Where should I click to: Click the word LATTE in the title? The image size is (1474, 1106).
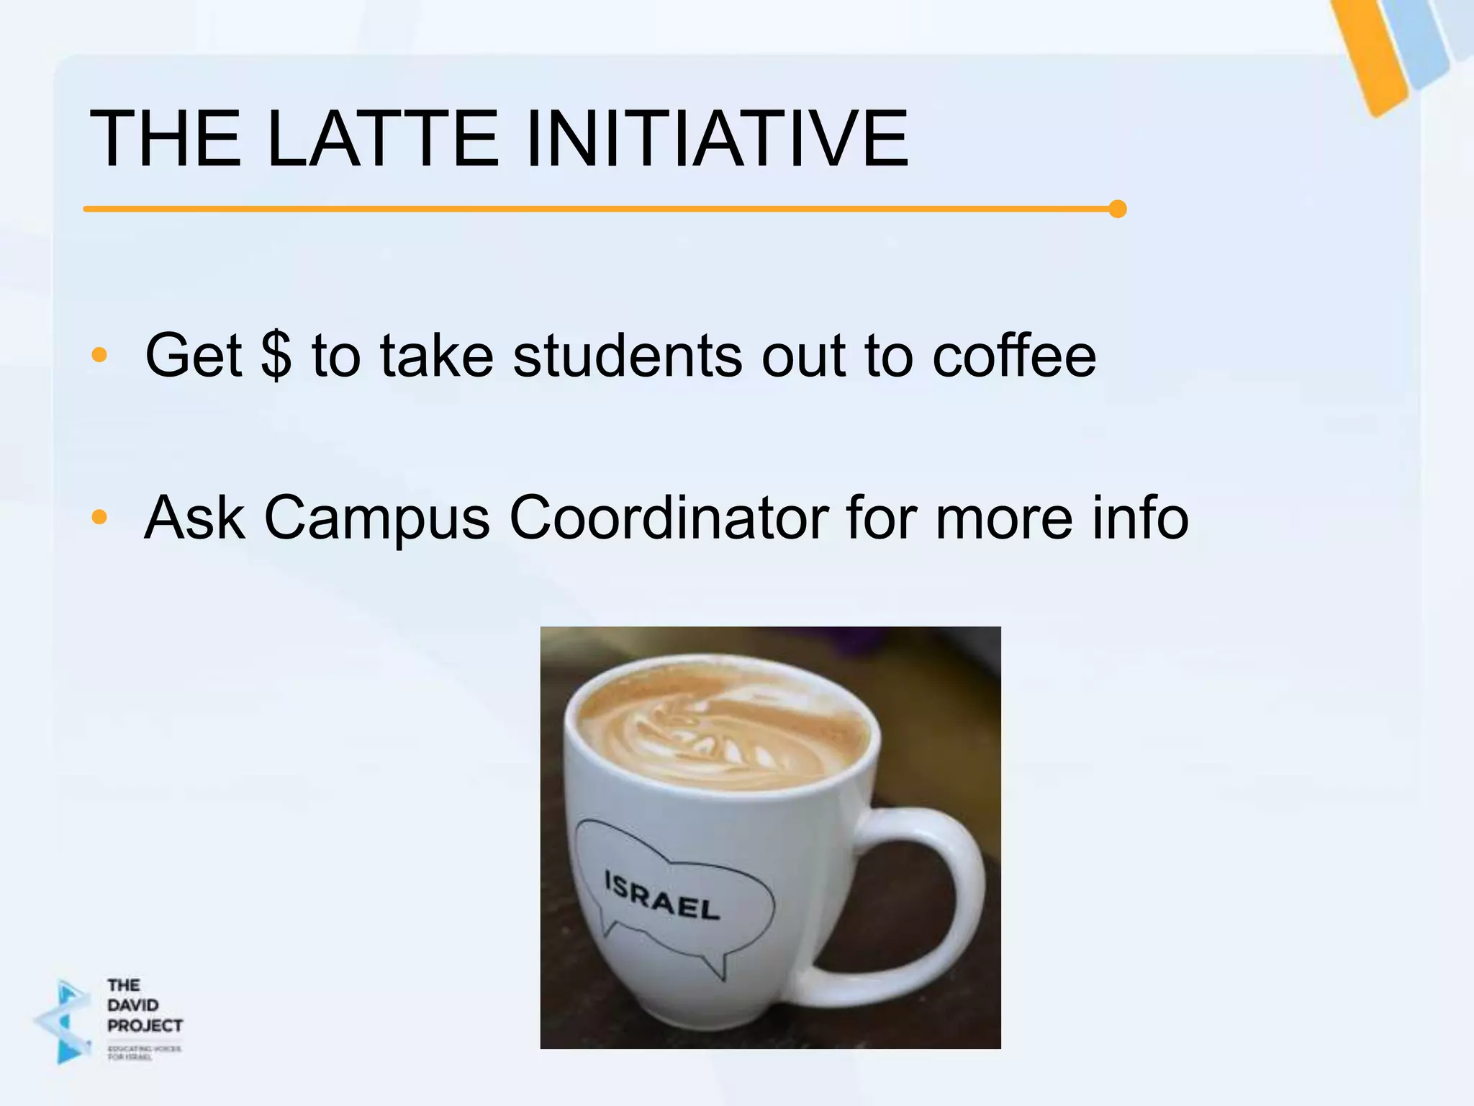[382, 138]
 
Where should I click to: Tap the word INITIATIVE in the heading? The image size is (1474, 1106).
[717, 138]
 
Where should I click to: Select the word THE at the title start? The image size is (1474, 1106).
[165, 138]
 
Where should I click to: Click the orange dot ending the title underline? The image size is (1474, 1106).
[1117, 209]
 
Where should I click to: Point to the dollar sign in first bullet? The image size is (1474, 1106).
[276, 355]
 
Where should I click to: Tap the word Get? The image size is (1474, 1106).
[193, 355]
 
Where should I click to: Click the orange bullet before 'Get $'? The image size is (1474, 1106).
[99, 355]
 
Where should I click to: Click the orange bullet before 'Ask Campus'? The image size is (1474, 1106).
[99, 517]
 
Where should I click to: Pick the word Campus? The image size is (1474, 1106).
[377, 518]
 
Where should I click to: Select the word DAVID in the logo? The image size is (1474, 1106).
[132, 1005]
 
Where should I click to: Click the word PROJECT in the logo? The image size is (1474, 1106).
[145, 1025]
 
